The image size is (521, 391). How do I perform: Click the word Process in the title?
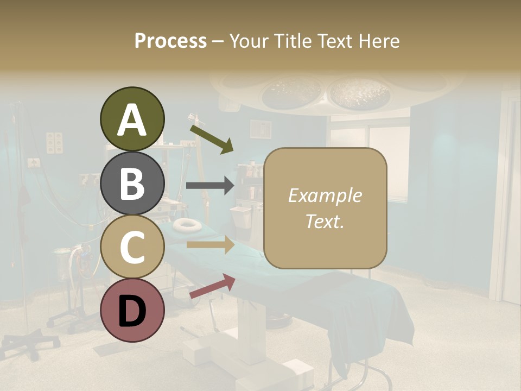(170, 41)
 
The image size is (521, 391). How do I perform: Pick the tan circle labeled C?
(132, 247)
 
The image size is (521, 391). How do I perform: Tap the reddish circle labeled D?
(132, 311)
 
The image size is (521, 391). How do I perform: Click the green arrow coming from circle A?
(211, 138)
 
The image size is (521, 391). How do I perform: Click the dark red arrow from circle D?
(212, 286)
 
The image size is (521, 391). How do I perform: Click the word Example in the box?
(325, 195)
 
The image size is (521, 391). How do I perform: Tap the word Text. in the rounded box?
(325, 221)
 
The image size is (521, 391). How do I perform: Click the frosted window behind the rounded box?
(396, 163)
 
